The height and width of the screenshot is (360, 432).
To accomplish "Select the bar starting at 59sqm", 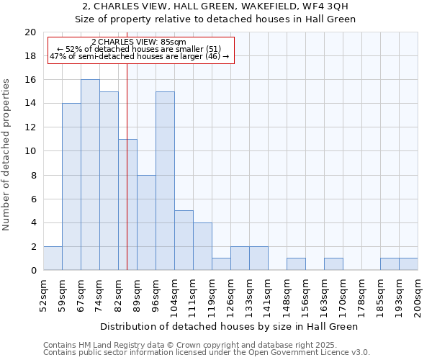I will point(71,187).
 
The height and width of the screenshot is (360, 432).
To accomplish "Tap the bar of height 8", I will point(146,222).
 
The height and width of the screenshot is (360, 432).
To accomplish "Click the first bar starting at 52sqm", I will point(53,258).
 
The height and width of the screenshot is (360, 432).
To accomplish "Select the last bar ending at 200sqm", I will point(408,264).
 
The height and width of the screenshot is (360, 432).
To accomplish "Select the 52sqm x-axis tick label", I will point(43,294).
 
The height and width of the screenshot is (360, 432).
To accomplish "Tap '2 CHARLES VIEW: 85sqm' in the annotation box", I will point(139,42).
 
